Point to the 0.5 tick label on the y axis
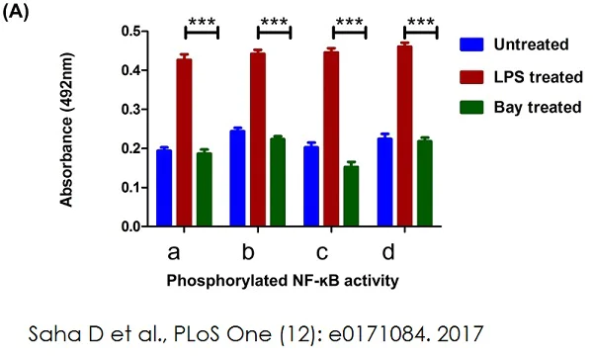pyautogui.click(x=129, y=32)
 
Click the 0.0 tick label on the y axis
pyautogui.click(x=129, y=226)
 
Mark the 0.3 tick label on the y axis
pyautogui.click(x=129, y=110)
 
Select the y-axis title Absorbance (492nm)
pyautogui.click(x=67, y=129)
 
